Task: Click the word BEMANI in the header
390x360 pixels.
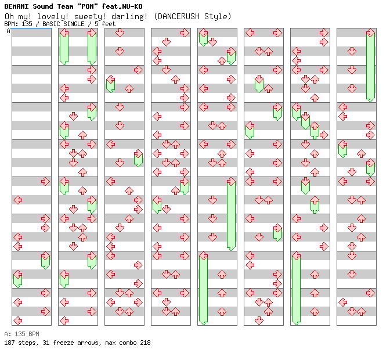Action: click(16, 6)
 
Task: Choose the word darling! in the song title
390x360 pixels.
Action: click(132, 16)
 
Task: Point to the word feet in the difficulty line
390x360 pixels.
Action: click(109, 24)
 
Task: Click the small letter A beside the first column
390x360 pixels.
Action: click(9, 31)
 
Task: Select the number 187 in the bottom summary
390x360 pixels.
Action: click(9, 343)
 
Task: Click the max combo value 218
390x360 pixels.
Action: click(145, 343)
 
